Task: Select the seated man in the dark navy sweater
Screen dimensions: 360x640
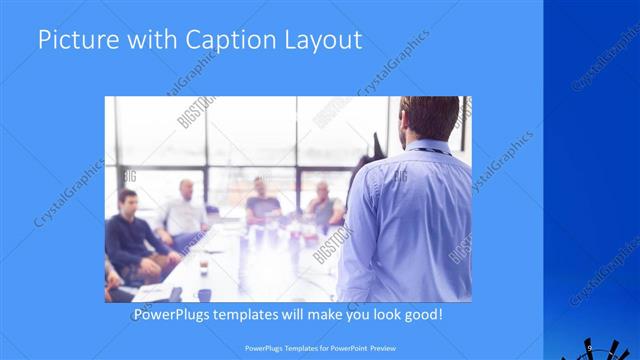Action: pyautogui.click(x=129, y=240)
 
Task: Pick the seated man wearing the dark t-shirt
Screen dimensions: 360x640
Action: pyautogui.click(x=263, y=205)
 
